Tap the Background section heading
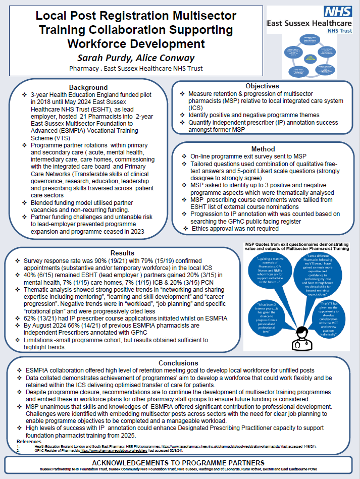pos(88,87)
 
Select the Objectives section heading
pos(262,86)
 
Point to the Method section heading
pos(264,149)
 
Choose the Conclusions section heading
pos(178,363)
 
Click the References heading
pos(22,441)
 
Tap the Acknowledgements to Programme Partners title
pos(179,462)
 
